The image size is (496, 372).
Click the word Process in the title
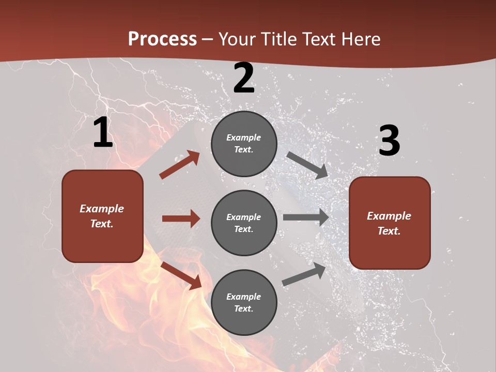162,39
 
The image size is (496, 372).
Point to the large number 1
103,133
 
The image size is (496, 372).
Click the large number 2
244,79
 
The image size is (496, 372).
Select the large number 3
389,142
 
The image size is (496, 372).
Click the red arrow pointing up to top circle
180,164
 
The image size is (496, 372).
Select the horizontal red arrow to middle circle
181,219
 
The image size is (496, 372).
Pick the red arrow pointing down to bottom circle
181,275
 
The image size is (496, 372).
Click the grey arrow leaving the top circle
307,165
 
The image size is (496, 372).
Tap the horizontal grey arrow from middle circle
306,218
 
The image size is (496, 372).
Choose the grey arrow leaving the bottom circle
304,274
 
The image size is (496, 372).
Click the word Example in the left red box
102,209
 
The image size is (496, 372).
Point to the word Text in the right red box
389,231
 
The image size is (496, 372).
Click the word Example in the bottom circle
244,297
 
